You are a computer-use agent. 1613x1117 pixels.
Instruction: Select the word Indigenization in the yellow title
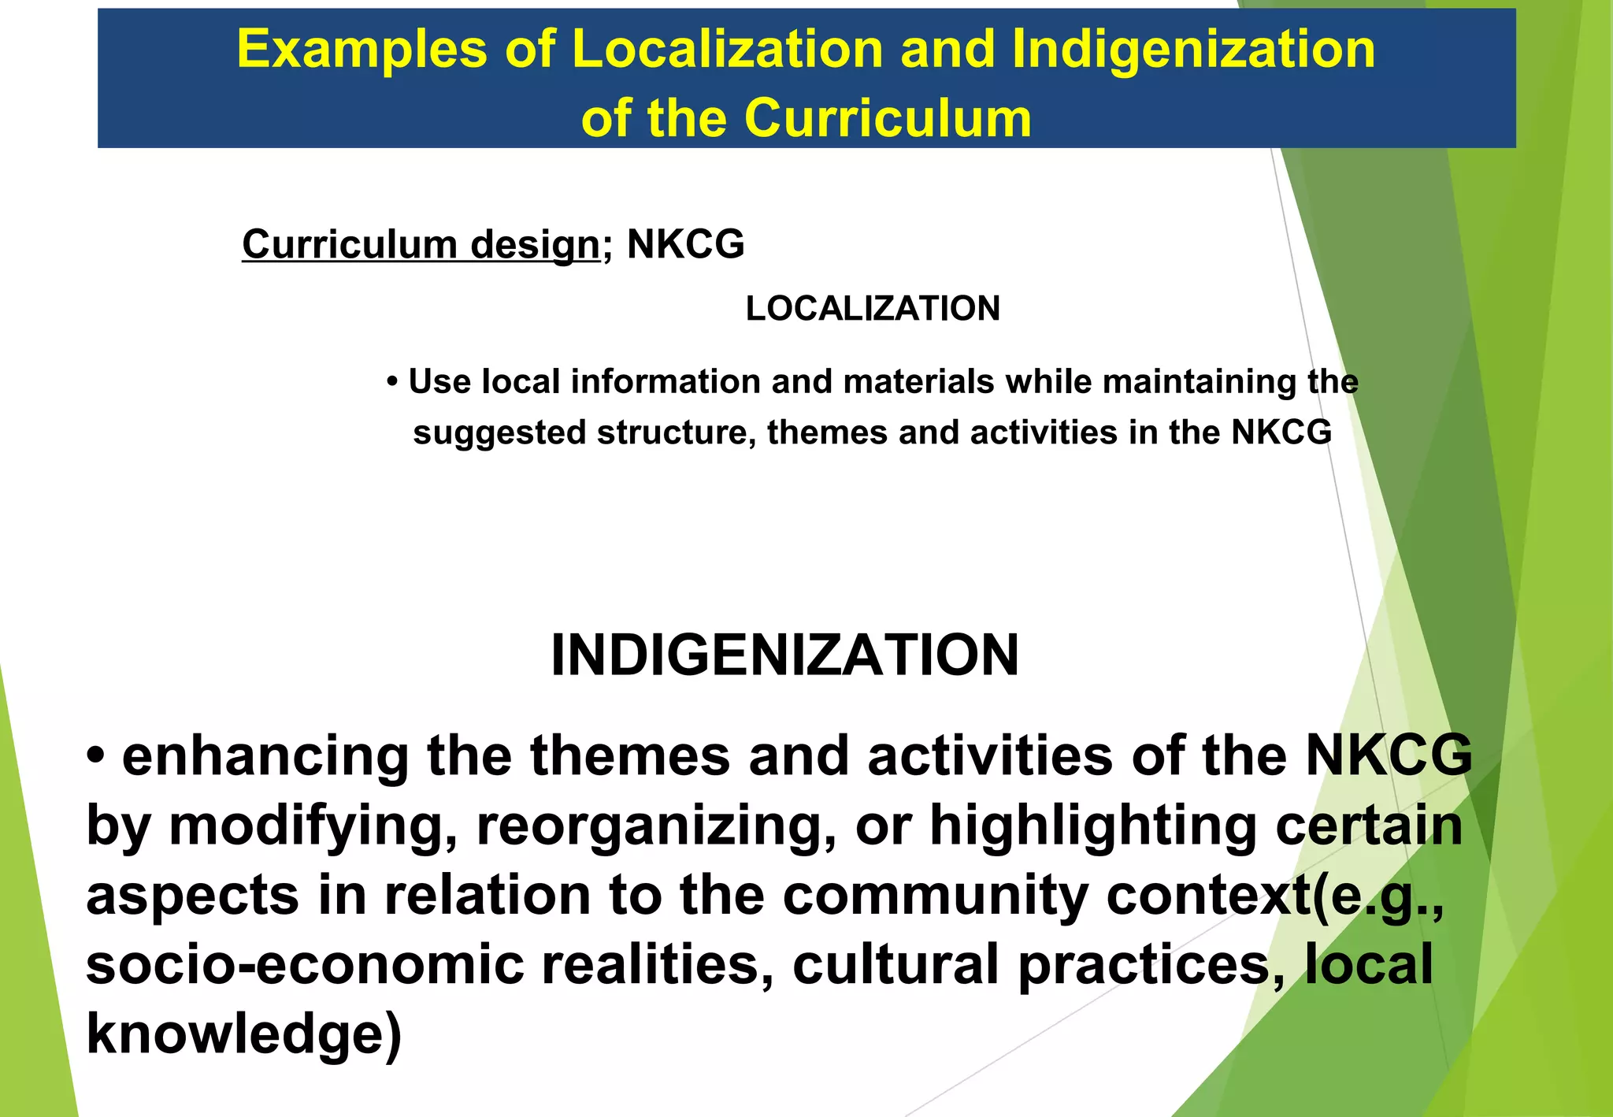(1193, 49)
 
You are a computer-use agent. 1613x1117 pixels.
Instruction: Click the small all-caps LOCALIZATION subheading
(873, 309)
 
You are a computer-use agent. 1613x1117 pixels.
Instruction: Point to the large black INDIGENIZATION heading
(784, 655)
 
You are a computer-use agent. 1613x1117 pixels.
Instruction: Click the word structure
(676, 433)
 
